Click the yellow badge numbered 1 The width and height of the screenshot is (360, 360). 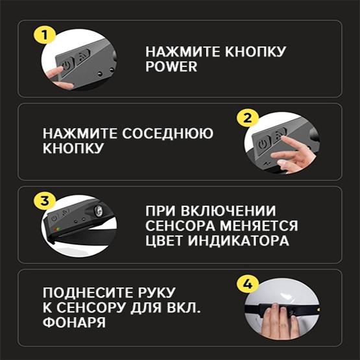pyautogui.click(x=45, y=36)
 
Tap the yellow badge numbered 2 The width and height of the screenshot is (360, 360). pyautogui.click(x=248, y=118)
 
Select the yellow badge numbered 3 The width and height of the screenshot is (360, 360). pyautogui.click(x=45, y=201)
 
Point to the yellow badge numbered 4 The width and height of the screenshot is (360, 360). pyautogui.click(x=248, y=284)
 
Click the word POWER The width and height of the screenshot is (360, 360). pyautogui.click(x=171, y=67)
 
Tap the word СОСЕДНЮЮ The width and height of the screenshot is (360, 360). pyautogui.click(x=167, y=134)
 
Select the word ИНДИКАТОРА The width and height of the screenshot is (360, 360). pyautogui.click(x=239, y=241)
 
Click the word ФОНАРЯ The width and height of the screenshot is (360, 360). pyautogui.click(x=74, y=322)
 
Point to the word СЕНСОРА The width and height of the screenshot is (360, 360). pyautogui.click(x=180, y=226)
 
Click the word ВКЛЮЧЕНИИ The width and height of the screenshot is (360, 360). pyautogui.click(x=228, y=211)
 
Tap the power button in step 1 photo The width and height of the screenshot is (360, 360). pyautogui.click(x=67, y=65)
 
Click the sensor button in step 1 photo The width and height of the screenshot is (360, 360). pyautogui.click(x=82, y=56)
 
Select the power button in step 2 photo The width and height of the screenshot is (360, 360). pyautogui.click(x=263, y=144)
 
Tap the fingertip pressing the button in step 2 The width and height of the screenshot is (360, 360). pyautogui.click(x=284, y=138)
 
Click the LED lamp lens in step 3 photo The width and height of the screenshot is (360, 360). pyautogui.click(x=99, y=211)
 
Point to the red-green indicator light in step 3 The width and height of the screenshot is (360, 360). pyautogui.click(x=56, y=229)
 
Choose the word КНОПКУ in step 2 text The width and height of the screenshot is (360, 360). pyautogui.click(x=73, y=149)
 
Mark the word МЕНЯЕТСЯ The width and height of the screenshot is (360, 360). pyautogui.click(x=259, y=226)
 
